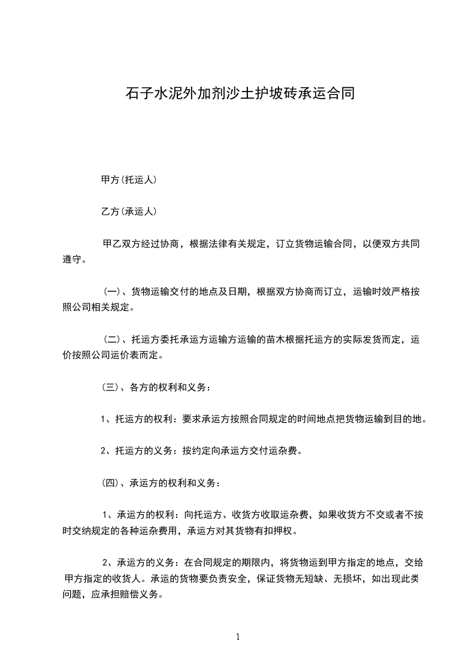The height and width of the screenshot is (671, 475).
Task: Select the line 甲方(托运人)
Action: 129,179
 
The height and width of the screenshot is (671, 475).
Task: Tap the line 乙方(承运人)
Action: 129,211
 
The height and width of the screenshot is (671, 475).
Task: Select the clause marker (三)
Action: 111,387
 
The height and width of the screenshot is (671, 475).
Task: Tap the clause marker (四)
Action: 111,482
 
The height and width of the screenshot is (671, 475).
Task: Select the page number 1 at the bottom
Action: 238,638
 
